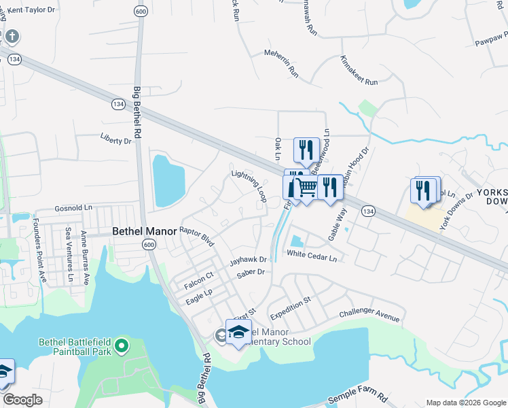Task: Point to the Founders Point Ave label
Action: click(40, 250)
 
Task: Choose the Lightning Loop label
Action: click(249, 185)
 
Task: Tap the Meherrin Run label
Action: click(281, 61)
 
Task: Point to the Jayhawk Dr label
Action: click(248, 260)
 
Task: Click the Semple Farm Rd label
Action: click(357, 398)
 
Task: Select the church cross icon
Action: click(13, 36)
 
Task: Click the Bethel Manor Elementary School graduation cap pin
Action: click(238, 332)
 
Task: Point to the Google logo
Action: click(22, 400)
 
